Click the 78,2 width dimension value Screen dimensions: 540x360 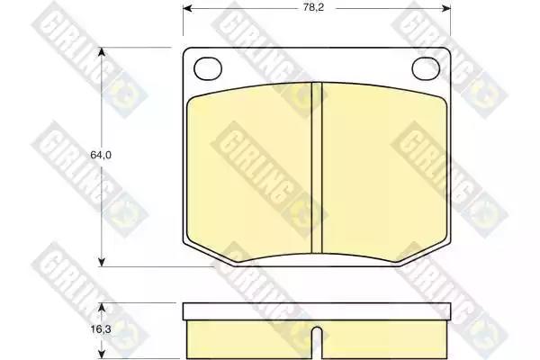coord(313,7)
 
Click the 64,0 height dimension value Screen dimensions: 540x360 coord(101,155)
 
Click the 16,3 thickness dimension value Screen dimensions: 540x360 coord(101,329)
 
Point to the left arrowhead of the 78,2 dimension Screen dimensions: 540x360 coord(188,8)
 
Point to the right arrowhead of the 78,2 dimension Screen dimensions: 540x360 coord(446,8)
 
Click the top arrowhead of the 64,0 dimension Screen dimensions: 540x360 coord(101,52)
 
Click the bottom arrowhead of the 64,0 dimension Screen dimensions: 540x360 coord(101,262)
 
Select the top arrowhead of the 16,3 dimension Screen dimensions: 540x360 coord(101,308)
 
